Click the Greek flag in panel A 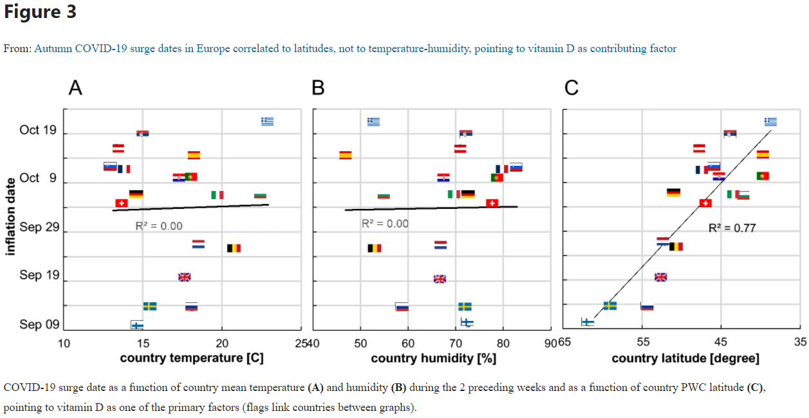[268, 121]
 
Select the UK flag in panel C [661, 277]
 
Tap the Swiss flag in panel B [492, 203]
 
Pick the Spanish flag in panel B [346, 155]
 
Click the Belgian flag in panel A [234, 248]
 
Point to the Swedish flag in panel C [610, 305]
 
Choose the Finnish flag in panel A [137, 325]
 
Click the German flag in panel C [674, 192]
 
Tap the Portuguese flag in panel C [763, 176]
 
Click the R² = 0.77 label [732, 228]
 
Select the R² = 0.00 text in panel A [159, 226]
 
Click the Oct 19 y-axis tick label [38, 130]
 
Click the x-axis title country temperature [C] [192, 358]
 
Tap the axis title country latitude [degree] [685, 358]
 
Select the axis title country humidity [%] [433, 358]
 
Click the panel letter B [318, 88]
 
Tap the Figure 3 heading [40, 12]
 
